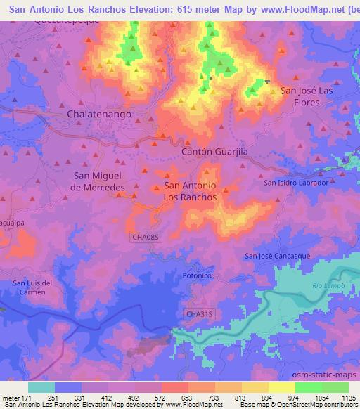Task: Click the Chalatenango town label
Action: (x=99, y=113)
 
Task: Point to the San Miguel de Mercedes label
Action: (x=99, y=181)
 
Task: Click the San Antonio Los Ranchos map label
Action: (x=191, y=191)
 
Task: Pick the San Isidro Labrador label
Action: (x=295, y=183)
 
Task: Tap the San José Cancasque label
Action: (x=277, y=256)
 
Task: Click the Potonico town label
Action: (x=197, y=276)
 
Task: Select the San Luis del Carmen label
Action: (x=33, y=287)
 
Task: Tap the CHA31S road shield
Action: (x=198, y=313)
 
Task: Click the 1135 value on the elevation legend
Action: (x=348, y=398)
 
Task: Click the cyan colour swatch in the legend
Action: (x=41, y=387)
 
